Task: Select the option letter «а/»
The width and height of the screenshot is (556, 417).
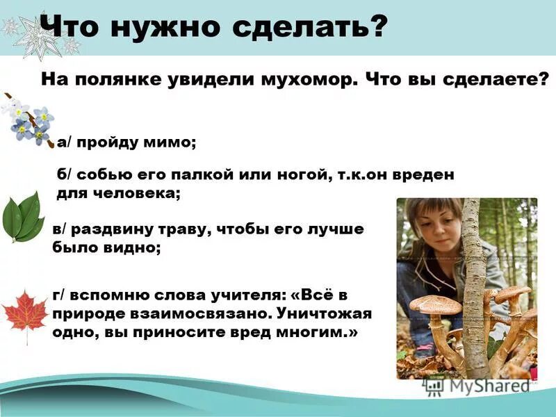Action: [x=65, y=142]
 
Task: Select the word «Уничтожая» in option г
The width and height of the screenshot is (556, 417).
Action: [x=329, y=313]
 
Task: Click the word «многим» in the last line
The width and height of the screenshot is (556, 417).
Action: [x=316, y=332]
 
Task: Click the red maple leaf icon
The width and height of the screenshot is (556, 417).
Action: [x=24, y=313]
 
